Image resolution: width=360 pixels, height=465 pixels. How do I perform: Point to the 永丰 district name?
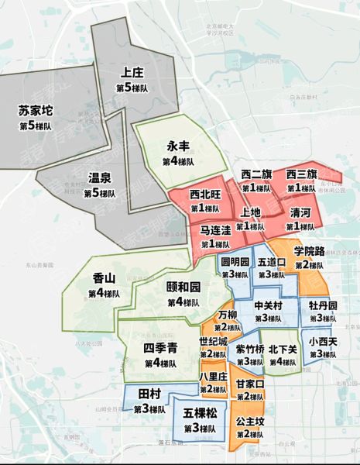click(179, 146)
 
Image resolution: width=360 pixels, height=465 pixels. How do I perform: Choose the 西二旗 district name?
click(256, 174)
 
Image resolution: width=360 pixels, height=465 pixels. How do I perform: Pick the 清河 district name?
click(300, 212)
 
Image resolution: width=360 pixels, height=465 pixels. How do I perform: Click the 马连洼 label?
click(215, 230)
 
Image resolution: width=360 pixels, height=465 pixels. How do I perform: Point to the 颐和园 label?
click(183, 286)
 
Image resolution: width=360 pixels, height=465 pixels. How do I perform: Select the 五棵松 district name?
click(200, 414)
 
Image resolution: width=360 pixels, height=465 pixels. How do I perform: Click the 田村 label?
click(149, 394)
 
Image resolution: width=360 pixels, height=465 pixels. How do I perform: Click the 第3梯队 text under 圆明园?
click(235, 274)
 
